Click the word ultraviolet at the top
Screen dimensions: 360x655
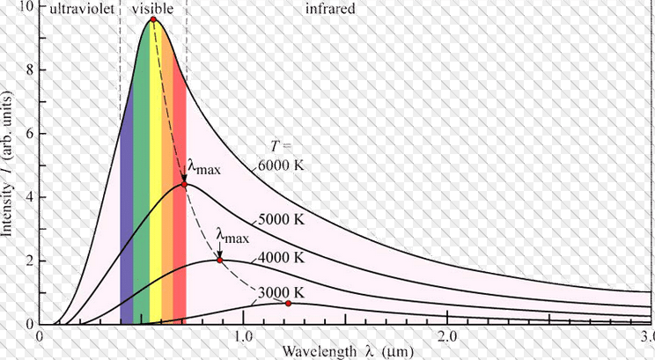[x=80, y=11]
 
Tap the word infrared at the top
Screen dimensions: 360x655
[x=330, y=11]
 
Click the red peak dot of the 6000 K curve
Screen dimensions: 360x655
[x=153, y=19]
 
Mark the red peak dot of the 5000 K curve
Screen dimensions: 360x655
[x=184, y=185]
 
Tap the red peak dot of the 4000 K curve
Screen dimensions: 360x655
[x=219, y=261]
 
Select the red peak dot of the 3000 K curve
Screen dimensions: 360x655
[x=288, y=303]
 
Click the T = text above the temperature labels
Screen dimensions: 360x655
[x=280, y=146]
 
